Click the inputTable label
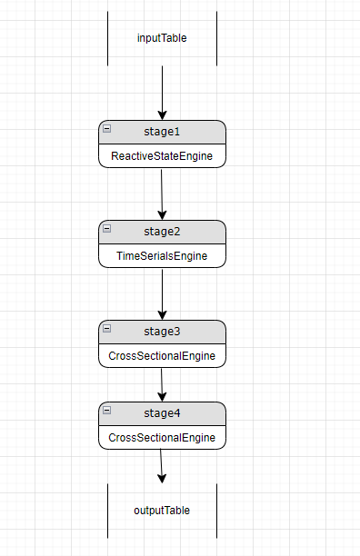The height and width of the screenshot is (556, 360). point(162,38)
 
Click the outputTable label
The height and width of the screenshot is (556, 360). point(162,510)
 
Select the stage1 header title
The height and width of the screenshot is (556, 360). point(162,133)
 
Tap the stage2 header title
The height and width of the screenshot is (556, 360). point(162,233)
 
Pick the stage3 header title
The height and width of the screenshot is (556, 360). point(162,332)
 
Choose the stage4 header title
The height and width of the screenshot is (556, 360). point(162,413)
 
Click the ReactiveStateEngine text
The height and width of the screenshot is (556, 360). point(162,156)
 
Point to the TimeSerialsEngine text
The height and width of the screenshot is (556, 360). point(162,256)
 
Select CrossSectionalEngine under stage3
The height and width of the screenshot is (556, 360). point(162,356)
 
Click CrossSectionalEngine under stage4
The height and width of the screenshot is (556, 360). point(162,438)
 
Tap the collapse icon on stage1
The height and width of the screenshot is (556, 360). point(107,129)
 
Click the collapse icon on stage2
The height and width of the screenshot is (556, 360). point(107,229)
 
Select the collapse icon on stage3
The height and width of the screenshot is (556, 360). point(107,328)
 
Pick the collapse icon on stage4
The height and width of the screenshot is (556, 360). point(107,410)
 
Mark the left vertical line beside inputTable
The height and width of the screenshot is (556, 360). point(108,38)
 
